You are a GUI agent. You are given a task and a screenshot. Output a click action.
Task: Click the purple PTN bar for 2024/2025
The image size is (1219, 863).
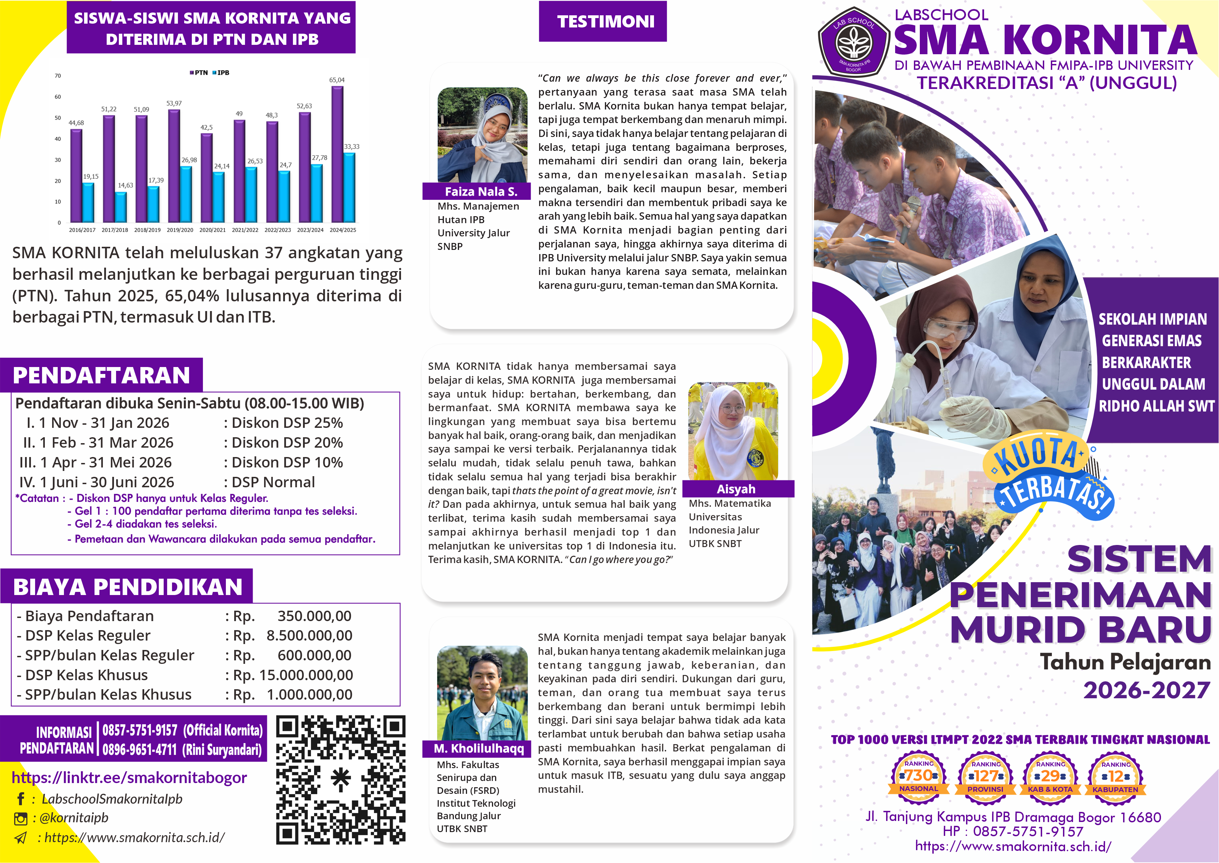tap(337, 154)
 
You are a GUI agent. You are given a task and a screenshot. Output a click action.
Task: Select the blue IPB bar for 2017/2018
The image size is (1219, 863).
tap(121, 207)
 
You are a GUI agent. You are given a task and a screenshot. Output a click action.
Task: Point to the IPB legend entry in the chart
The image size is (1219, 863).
tap(221, 73)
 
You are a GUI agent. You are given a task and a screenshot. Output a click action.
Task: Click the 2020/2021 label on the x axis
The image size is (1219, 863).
tap(212, 230)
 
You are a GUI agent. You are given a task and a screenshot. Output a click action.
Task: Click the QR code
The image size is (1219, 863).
tap(341, 780)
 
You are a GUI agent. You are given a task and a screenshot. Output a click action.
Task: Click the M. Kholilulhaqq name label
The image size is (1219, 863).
tap(478, 748)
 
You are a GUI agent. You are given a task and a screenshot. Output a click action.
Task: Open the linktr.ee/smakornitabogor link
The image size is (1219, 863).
tap(129, 777)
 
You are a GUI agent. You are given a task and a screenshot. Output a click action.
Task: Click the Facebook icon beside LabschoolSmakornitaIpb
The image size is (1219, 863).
tap(21, 799)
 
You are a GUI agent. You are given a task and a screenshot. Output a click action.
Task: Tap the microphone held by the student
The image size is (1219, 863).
tap(909, 218)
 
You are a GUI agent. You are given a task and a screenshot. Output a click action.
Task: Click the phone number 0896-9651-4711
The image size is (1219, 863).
tap(139, 750)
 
